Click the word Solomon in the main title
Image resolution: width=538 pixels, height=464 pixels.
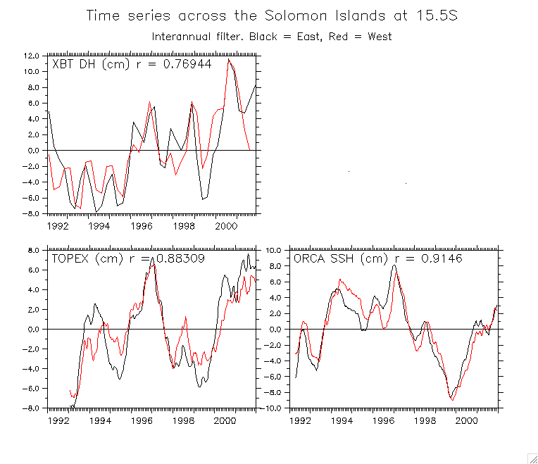point(292,15)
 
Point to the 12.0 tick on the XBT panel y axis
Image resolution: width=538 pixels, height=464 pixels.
point(30,55)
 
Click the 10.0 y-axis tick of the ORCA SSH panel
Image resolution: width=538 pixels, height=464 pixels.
point(273,250)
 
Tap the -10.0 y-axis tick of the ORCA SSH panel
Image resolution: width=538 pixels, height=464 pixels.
point(271,408)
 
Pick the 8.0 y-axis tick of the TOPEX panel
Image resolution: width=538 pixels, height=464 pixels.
point(32,250)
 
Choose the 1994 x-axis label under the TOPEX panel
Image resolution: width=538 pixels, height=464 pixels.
point(100,421)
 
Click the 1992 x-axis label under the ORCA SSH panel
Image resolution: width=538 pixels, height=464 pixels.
point(300,421)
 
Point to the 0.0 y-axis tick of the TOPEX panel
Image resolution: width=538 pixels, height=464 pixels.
point(32,330)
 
